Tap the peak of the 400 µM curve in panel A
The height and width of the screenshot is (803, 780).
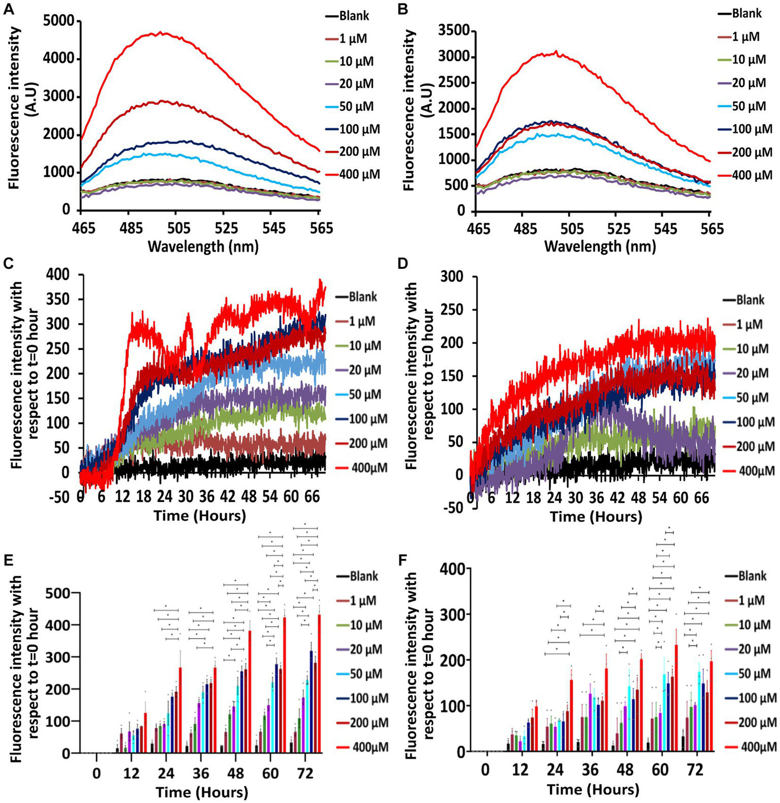coord(161,33)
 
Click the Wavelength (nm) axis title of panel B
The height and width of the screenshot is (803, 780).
coord(600,246)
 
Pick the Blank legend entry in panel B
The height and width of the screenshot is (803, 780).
coord(746,14)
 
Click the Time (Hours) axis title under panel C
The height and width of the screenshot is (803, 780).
coord(200,516)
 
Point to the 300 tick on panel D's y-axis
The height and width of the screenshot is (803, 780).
coord(453,277)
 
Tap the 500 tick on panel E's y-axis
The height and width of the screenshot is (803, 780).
coord(59,593)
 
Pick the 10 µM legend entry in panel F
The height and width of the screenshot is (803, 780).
coord(753,625)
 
